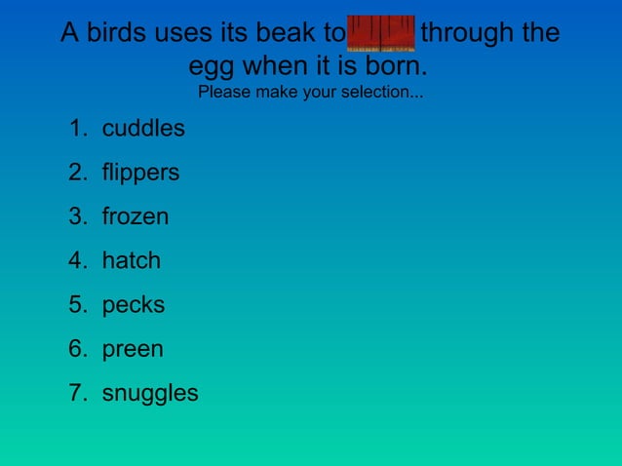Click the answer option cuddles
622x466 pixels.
143,129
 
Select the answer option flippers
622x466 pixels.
140,174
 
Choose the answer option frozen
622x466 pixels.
136,216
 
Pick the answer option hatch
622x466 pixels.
132,261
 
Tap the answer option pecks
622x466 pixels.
134,305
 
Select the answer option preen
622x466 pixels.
133,349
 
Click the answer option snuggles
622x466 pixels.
150,394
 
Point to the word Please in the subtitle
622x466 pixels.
223,95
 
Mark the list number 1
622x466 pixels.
76,129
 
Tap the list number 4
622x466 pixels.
76,261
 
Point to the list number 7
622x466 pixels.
76,394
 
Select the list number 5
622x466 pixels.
76,305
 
